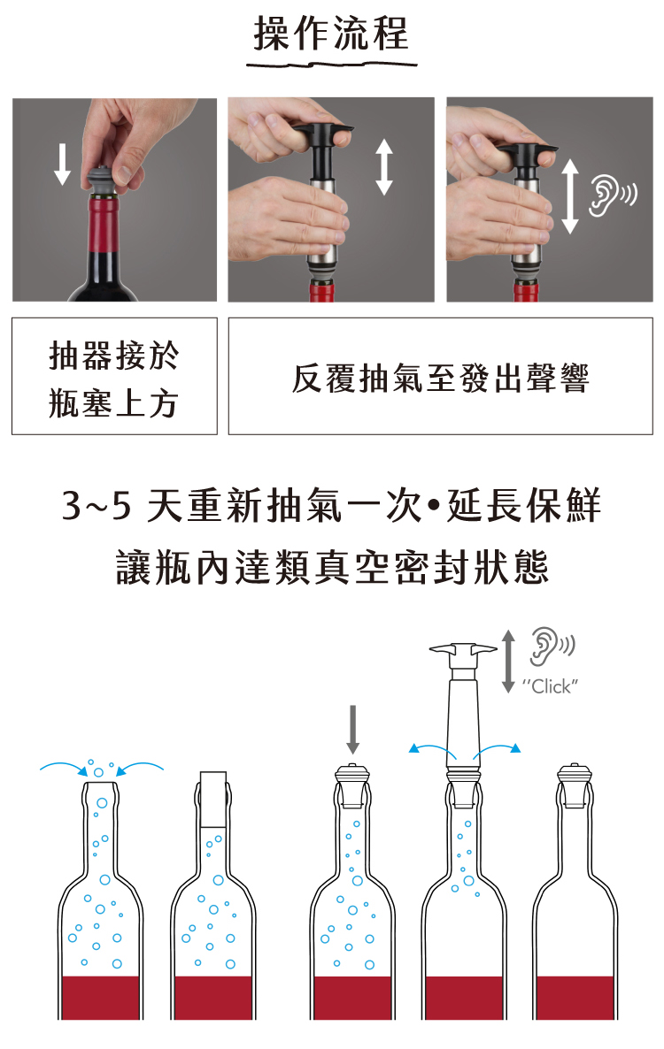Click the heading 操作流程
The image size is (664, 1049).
click(x=331, y=34)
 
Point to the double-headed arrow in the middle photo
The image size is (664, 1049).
click(x=383, y=166)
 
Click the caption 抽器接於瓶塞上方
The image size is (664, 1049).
click(x=114, y=379)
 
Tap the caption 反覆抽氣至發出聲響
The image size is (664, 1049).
click(x=440, y=378)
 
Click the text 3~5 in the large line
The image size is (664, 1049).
click(x=97, y=505)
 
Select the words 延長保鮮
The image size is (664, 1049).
click(x=524, y=505)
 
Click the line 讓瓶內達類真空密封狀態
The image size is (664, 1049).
click(x=333, y=567)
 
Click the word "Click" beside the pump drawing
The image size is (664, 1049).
click(x=550, y=686)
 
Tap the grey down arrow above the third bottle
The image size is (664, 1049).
click(x=352, y=729)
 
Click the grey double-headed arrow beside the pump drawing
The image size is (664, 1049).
click(x=508, y=661)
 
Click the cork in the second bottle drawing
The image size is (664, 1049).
click(x=213, y=799)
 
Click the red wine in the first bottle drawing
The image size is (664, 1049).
click(x=100, y=998)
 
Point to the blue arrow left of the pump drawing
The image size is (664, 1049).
click(x=432, y=750)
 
